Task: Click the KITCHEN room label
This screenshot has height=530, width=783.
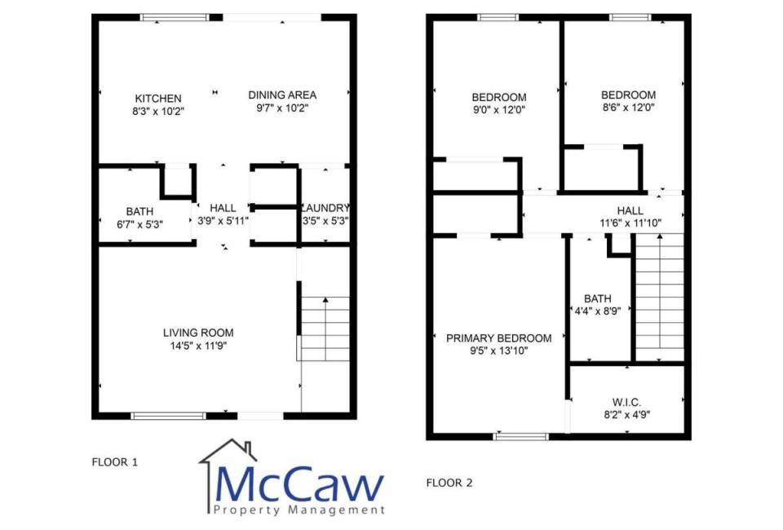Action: (157, 99)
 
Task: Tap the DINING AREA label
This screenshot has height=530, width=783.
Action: (282, 95)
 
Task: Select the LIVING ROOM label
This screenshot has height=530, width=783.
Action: (198, 333)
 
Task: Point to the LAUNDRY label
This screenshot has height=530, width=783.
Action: (325, 208)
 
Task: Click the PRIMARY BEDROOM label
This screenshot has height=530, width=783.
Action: (499, 338)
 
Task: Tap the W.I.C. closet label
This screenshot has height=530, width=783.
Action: (626, 402)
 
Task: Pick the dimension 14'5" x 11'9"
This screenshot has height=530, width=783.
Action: (198, 346)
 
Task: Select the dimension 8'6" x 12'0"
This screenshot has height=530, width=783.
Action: (628, 108)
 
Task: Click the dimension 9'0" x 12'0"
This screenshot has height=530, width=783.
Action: (499, 110)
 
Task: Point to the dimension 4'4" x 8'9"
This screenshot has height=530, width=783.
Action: (597, 311)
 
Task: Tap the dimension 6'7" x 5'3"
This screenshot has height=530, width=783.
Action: (139, 224)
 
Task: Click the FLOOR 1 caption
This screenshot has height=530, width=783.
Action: (114, 462)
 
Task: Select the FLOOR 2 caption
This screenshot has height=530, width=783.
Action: (449, 483)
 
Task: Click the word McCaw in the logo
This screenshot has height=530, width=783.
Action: (299, 484)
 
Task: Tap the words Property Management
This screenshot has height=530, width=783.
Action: (299, 510)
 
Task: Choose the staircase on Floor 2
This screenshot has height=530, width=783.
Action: (659, 297)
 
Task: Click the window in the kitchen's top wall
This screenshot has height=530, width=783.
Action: (174, 17)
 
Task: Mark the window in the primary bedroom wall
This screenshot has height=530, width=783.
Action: (520, 437)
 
